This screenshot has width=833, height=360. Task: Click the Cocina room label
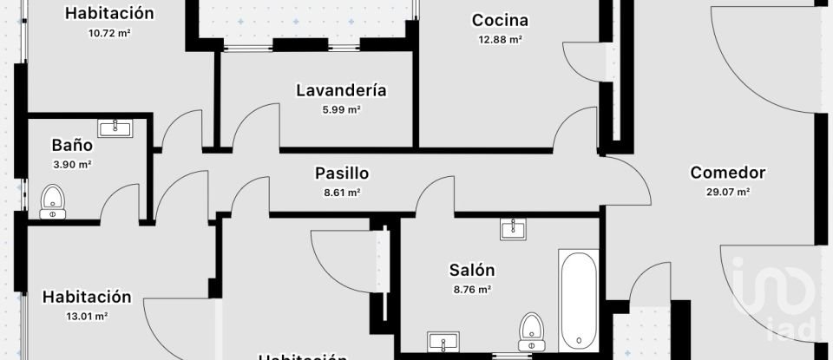500,20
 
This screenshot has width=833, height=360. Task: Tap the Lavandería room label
341,90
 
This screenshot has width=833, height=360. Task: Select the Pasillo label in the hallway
342,173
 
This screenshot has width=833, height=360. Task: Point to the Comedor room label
727,173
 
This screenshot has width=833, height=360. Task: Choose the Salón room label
472,271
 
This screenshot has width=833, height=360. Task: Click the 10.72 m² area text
109,33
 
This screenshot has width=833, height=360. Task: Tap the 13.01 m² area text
87,317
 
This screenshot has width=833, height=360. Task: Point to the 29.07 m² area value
727,193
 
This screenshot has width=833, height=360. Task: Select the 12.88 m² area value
500,39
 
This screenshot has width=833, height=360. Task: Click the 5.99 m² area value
341,109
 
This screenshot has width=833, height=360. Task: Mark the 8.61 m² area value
342,193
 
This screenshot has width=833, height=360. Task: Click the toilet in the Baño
53,201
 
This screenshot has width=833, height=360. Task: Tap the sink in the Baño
115,128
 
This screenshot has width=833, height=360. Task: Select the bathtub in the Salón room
579,298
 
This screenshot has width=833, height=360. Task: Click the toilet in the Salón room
531,329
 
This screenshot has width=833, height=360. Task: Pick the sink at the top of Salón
512,228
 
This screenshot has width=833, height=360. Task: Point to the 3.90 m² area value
73,164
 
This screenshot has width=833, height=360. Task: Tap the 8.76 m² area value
472,290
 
